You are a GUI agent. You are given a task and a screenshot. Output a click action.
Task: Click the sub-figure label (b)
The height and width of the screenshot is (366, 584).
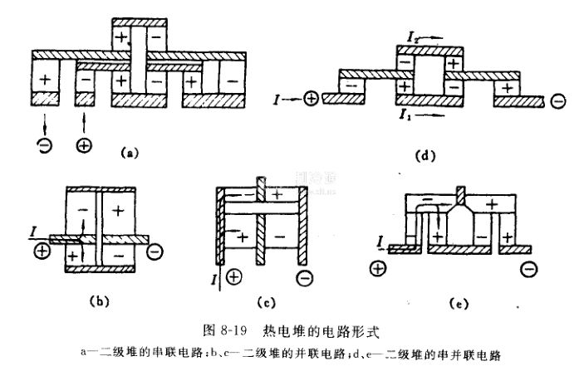click(x=95, y=296)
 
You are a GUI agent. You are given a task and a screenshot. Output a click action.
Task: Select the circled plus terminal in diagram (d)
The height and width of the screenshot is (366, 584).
click(x=312, y=99)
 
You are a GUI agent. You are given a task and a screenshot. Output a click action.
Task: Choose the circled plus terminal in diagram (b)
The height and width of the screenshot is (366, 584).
click(x=38, y=250)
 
